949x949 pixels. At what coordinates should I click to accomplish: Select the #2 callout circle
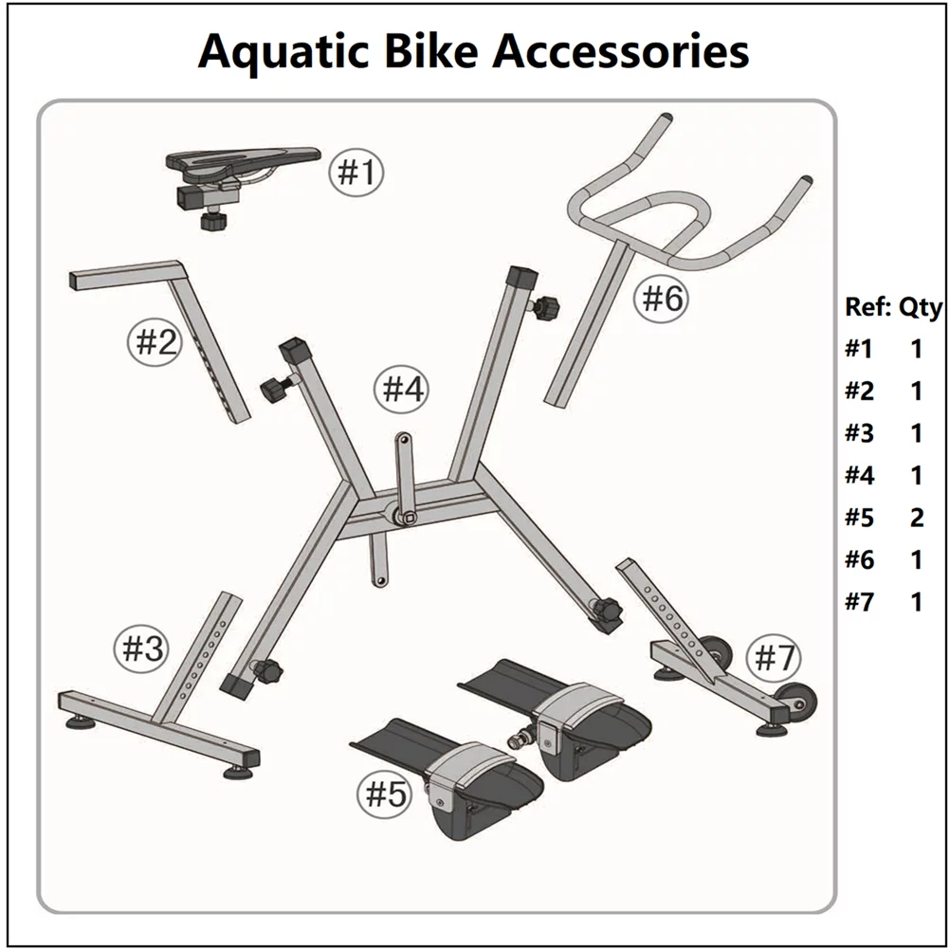(154, 342)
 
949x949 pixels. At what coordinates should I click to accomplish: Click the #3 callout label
(141, 649)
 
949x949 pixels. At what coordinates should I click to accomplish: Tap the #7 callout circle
(775, 656)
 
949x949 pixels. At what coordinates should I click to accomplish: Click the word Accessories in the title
(621, 51)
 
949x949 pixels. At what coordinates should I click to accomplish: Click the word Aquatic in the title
(275, 51)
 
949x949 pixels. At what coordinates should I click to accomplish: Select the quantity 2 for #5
(916, 518)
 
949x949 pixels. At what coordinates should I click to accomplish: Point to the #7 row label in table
(859, 602)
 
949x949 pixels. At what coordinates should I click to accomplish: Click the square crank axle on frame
(407, 518)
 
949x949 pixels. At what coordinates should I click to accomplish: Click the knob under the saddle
(210, 221)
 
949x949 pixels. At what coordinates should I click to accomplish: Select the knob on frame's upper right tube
(546, 307)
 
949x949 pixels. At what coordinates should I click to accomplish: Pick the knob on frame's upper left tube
(273, 389)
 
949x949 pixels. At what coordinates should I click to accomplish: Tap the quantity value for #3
(916, 433)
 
